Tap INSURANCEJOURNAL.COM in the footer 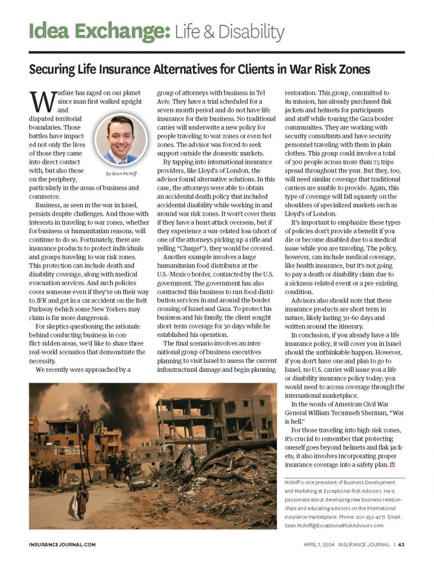[62, 545]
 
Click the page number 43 [401, 545]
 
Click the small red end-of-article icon [392, 464]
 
